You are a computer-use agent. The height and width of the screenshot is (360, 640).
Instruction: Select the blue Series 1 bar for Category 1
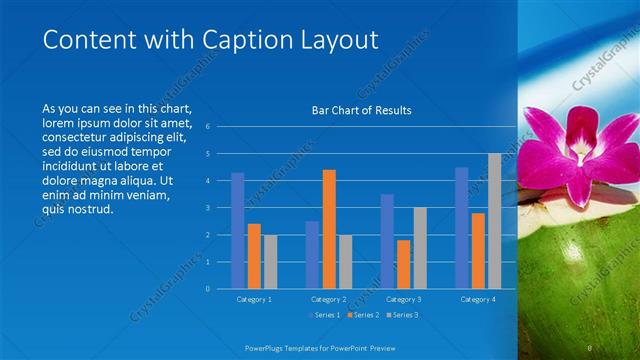pyautogui.click(x=237, y=230)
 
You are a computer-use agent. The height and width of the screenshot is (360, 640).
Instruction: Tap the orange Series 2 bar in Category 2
pyautogui.click(x=329, y=229)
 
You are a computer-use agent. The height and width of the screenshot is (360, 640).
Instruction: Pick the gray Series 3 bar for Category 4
pyautogui.click(x=494, y=221)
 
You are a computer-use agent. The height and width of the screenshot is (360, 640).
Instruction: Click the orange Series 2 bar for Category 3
pyautogui.click(x=403, y=264)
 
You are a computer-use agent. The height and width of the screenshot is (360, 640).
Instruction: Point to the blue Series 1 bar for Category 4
pyautogui.click(x=462, y=227)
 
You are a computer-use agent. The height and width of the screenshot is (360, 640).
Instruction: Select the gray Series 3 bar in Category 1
pyautogui.click(x=270, y=261)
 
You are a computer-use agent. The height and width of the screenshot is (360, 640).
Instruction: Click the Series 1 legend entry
pyautogui.click(x=325, y=315)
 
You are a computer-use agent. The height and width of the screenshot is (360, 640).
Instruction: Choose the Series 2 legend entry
pyautogui.click(x=362, y=315)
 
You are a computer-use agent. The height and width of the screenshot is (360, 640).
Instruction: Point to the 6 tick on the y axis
pyautogui.click(x=207, y=127)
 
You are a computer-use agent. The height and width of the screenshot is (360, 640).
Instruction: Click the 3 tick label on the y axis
pyautogui.click(x=207, y=208)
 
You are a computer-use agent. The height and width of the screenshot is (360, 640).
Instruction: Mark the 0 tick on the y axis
pyautogui.click(x=207, y=289)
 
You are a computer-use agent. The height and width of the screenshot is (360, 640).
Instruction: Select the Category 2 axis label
pyautogui.click(x=329, y=299)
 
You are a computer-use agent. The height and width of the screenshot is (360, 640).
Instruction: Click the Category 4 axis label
pyautogui.click(x=478, y=299)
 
